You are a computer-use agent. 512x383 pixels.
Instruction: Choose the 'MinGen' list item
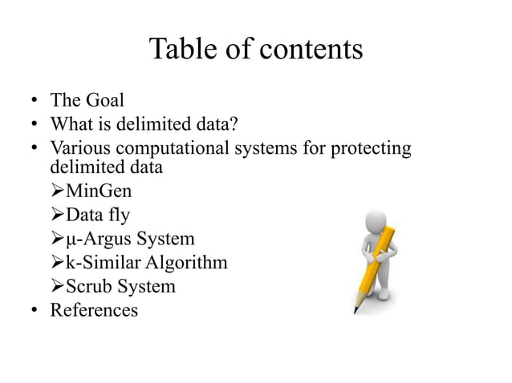point(98,192)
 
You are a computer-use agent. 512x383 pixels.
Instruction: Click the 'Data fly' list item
point(97,216)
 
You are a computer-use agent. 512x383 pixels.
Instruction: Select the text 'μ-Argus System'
point(130,239)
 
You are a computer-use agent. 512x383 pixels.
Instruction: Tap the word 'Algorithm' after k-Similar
point(189,262)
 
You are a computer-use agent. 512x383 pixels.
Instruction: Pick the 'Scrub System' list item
point(120,285)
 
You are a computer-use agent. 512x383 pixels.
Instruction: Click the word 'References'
point(94,308)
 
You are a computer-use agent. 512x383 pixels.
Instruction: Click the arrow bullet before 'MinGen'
point(56,192)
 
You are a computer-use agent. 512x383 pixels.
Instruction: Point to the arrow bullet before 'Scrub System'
point(56,285)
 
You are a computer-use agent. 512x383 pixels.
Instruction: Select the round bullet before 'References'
point(35,308)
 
